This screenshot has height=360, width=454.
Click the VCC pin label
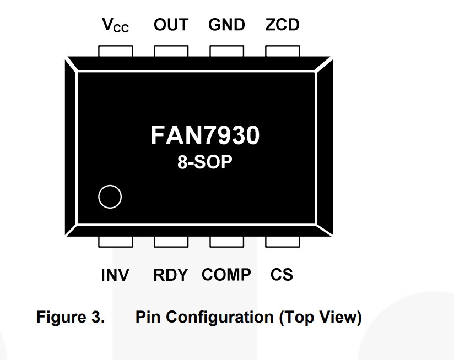(x=115, y=25)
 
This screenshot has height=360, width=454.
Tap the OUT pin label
(x=171, y=25)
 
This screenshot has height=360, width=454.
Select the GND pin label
(x=226, y=25)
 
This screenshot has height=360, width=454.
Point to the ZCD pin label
(x=282, y=25)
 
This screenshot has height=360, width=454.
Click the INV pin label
(x=115, y=275)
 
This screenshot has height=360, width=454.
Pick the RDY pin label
(x=171, y=275)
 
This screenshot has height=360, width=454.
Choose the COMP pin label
(x=226, y=275)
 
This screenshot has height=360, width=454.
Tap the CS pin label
(x=282, y=275)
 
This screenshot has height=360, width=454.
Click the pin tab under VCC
(x=116, y=51)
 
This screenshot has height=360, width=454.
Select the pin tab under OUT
(x=171, y=51)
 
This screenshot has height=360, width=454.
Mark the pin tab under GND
(x=226, y=51)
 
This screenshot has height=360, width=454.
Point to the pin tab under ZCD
(x=283, y=51)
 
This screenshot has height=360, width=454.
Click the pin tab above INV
(x=116, y=242)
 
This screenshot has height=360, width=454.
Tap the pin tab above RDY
(x=171, y=242)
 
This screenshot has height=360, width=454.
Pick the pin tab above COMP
(x=226, y=242)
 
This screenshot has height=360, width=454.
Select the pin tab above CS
(x=283, y=242)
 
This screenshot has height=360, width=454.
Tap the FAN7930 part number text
(x=206, y=135)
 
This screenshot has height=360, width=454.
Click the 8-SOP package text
(x=205, y=162)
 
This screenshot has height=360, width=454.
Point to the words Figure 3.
(x=71, y=317)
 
